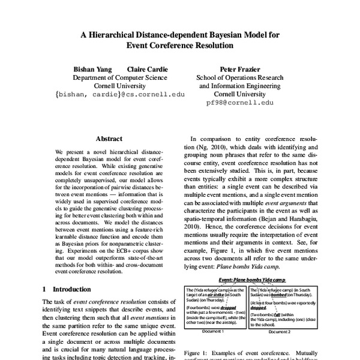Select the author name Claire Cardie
[148, 69]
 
